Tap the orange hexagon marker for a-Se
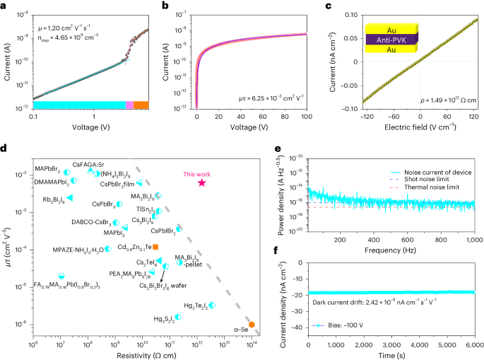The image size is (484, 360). pos(252,324)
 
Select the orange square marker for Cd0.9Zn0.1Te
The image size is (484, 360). pos(155,246)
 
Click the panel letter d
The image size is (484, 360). pos(5,148)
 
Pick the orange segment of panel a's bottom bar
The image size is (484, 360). pos(141,105)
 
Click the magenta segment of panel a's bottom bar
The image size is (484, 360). pos(129,105)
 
